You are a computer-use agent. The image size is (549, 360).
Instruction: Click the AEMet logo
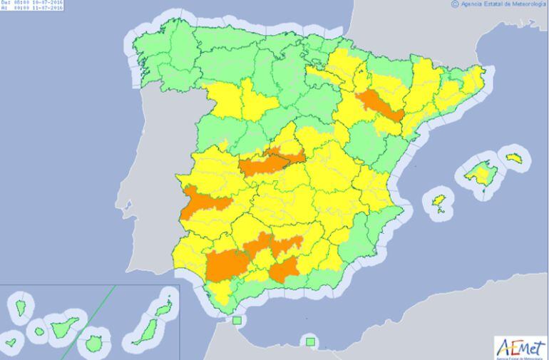[x=520, y=347]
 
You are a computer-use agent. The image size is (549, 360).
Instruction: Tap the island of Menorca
[x=514, y=158]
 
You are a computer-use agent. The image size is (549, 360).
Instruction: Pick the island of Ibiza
[x=440, y=200]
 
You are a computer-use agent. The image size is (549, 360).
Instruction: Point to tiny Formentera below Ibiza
[x=443, y=210]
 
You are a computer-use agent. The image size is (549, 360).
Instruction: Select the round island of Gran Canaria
[x=94, y=343]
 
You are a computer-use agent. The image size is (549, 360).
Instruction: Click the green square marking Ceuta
[x=237, y=321]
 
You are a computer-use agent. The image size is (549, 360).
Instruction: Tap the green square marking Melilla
[x=310, y=342]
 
